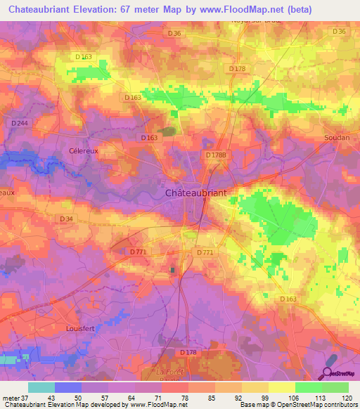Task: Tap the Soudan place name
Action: pyautogui.click(x=337, y=138)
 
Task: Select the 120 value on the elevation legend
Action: pyautogui.click(x=345, y=398)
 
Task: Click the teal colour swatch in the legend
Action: pyautogui.click(x=41, y=387)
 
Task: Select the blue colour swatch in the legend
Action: pyautogui.click(x=68, y=387)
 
